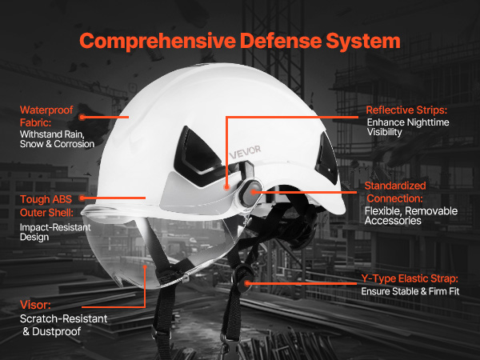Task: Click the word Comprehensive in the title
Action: tap(158, 42)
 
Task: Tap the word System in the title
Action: tap(363, 42)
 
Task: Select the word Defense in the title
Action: tap(281, 41)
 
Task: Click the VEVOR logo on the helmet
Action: tap(245, 152)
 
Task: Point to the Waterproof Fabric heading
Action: tap(46, 116)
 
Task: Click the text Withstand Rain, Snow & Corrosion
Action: tap(57, 139)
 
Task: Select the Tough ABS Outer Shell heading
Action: tap(46, 206)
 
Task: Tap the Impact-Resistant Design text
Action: tap(55, 232)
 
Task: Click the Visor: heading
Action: tap(35, 305)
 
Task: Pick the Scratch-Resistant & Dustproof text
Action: tap(64, 325)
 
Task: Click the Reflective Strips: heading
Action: tap(406, 110)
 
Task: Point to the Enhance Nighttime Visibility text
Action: tap(408, 127)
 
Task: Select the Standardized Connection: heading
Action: tap(395, 192)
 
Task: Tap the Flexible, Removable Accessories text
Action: tap(411, 216)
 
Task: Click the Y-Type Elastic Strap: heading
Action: tap(410, 279)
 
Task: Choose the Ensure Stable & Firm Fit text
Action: tap(410, 291)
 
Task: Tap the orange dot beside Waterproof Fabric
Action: tap(82, 117)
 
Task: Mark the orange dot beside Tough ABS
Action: tap(82, 198)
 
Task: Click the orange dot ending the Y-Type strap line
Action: tap(247, 283)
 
